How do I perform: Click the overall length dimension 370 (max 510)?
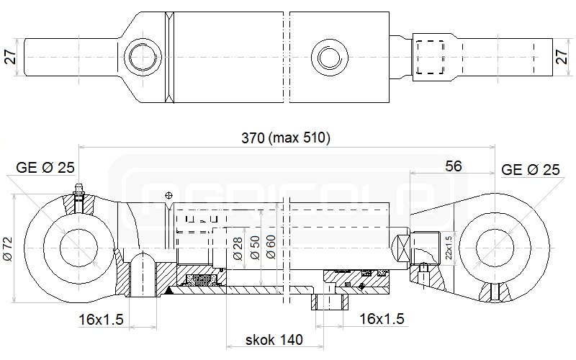pos(286,138)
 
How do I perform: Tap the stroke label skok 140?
pos(274,340)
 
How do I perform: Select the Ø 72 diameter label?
pos(8,248)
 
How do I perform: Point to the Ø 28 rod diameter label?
pos(238,248)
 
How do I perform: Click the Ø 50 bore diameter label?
pos(255,248)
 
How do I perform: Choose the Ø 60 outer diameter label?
pos(271,247)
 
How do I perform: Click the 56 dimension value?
pos(454,166)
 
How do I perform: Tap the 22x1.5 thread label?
pos(449,248)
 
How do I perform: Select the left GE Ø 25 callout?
pos(45,168)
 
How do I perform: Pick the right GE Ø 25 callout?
pos(531,170)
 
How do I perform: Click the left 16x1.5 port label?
pos(101,320)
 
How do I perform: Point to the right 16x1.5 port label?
pos(382,319)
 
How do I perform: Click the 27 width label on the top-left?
pos(11,57)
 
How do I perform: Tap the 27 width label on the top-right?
pos(562,57)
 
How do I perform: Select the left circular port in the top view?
pos(143,58)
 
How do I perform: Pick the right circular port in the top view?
pos(330,58)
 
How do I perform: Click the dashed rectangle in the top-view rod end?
pos(430,58)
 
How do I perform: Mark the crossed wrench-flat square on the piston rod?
pos(400,248)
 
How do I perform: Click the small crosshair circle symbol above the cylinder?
pos(168,195)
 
